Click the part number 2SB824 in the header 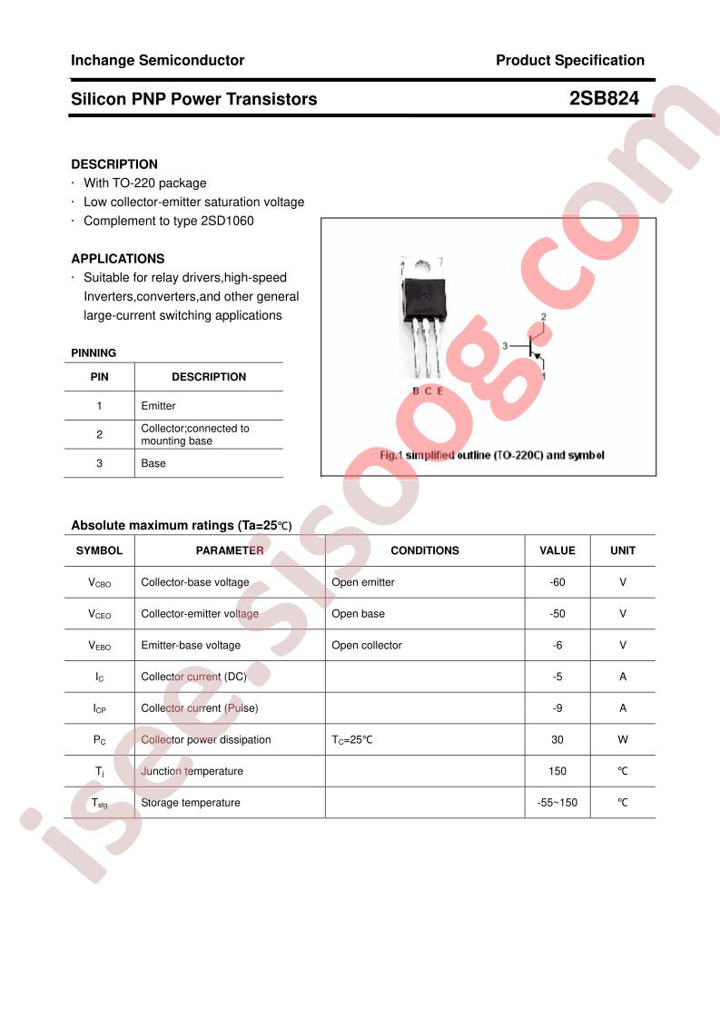[604, 99]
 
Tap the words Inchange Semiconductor [157, 61]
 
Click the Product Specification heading [569, 61]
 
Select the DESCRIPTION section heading [114, 164]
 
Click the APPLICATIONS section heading [118, 259]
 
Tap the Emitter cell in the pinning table [159, 406]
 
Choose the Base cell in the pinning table [153, 463]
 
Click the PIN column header [99, 377]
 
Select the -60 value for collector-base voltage [557, 582]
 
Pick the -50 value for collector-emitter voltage [557, 614]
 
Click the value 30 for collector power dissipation [557, 740]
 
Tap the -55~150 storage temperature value [557, 803]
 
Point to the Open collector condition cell [367, 646]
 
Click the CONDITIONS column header [425, 550]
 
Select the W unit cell [623, 740]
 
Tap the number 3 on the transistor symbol [505, 346]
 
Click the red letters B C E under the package [428, 391]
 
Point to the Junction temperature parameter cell [192, 771]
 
